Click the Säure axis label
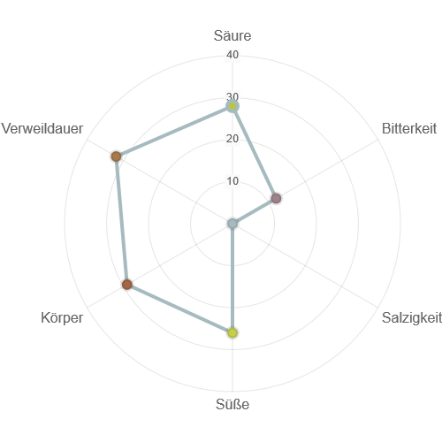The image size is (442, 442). click(232, 35)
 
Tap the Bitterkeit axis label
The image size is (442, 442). click(409, 128)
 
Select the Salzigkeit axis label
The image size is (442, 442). click(412, 317)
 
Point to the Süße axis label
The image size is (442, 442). click(232, 404)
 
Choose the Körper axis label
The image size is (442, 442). click(62, 317)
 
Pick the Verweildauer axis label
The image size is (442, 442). click(42, 128)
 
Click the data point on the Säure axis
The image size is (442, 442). click(232, 106)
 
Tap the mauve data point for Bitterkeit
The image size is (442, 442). click(276, 198)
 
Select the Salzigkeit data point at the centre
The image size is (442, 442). click(232, 224)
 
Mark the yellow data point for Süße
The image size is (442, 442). click(232, 332)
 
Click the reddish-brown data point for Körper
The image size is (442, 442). click(127, 285)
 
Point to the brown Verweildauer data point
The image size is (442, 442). click(117, 156)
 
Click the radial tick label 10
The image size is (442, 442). click(232, 181)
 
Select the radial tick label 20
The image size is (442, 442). click(232, 139)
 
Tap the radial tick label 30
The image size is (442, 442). click(232, 96)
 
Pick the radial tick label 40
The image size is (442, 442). click(232, 55)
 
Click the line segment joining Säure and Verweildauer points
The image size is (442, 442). click(174, 132)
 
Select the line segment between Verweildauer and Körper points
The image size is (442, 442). click(122, 220)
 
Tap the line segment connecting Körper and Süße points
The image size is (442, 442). click(179, 309)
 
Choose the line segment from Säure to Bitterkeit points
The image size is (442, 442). click(255, 152)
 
